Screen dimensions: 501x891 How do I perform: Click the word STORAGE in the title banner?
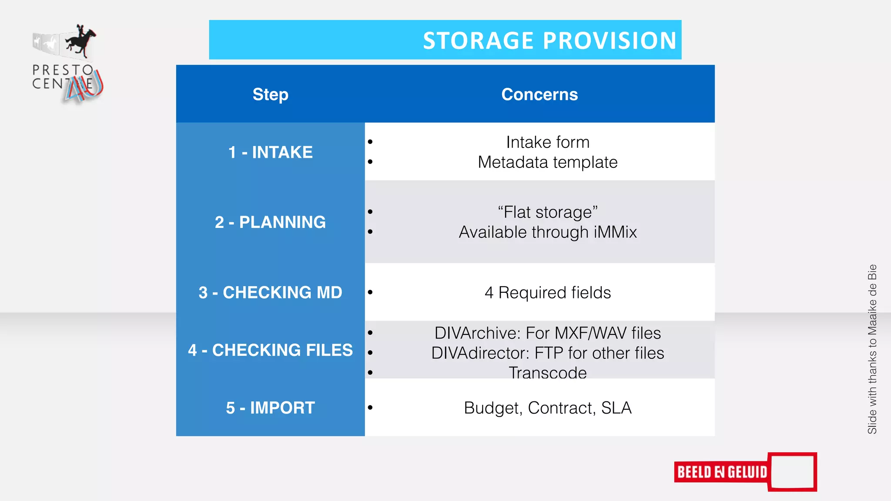click(x=478, y=41)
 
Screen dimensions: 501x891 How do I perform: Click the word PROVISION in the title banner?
click(x=610, y=41)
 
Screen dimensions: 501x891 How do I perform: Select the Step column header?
click(x=270, y=94)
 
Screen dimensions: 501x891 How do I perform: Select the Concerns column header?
click(x=539, y=94)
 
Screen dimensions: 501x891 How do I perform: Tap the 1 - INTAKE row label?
click(x=270, y=152)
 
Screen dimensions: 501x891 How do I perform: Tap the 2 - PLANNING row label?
click(x=270, y=222)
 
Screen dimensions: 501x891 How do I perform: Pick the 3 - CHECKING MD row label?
click(x=270, y=292)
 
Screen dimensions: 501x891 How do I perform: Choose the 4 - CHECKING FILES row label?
click(x=270, y=350)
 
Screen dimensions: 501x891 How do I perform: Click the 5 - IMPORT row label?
click(x=270, y=408)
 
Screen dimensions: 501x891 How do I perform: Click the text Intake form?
click(x=548, y=142)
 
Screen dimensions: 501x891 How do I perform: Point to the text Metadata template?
click(x=548, y=162)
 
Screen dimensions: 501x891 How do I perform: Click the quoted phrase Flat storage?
click(x=548, y=212)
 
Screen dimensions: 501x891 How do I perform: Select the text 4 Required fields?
click(x=548, y=293)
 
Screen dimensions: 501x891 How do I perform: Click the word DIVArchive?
click(x=477, y=333)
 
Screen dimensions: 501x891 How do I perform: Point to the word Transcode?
click(x=548, y=373)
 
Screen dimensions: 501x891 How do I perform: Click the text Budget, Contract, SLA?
click(x=548, y=408)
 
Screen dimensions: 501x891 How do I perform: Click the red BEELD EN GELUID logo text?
click(x=722, y=472)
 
